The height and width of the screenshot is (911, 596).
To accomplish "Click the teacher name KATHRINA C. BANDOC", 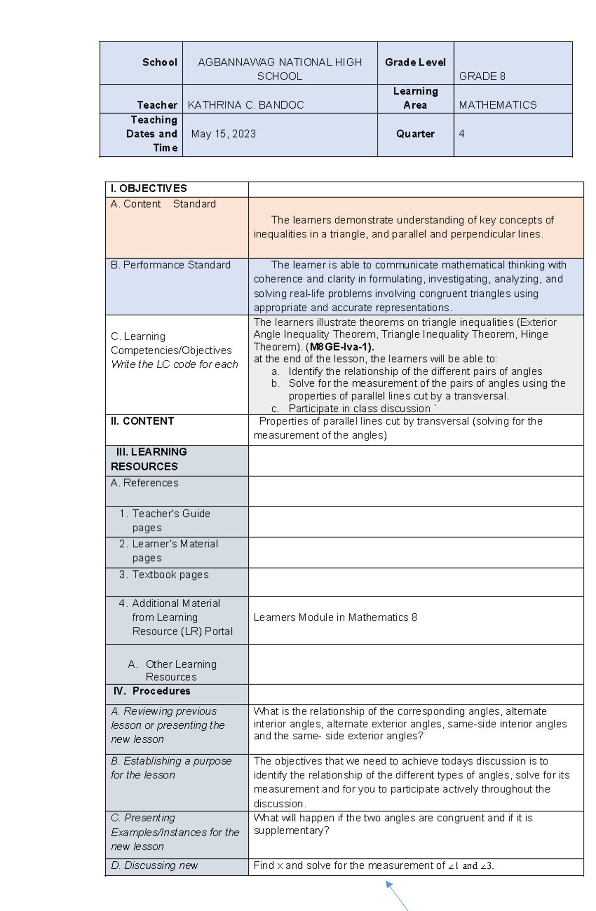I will coord(245,105).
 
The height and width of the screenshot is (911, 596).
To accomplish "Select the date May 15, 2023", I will coord(223,134).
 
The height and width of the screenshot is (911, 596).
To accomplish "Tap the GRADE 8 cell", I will coord(482,76).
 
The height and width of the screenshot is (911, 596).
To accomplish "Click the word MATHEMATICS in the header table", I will coord(498,105).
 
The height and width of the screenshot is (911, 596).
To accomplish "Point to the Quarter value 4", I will coord(462,134).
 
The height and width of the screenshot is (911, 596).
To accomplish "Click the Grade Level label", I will coord(415,63).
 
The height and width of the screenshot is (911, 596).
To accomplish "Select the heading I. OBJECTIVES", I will coord(149,189).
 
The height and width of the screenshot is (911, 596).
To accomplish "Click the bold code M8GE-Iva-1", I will coord(342,347).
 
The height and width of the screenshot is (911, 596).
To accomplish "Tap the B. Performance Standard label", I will coord(170,265).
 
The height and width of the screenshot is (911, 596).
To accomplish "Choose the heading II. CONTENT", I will coord(142,421).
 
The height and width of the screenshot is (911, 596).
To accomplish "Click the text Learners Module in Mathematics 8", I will coord(335,618).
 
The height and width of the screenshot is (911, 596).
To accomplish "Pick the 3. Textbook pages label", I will coord(164,575).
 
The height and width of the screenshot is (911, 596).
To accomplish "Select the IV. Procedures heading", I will coord(152,691).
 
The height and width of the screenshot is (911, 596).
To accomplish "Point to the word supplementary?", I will coord(291,831).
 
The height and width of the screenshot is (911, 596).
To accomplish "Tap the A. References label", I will coord(145,483).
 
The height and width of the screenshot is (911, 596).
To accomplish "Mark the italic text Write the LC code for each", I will coord(174,364).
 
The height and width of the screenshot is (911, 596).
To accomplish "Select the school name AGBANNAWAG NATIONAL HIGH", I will coord(280,63).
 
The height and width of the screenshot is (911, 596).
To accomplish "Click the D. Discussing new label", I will coord(154,865).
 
